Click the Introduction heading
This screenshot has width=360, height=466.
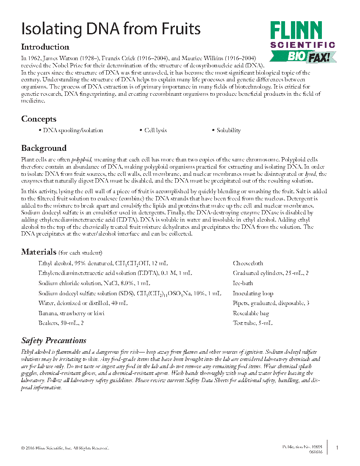tap(45, 47)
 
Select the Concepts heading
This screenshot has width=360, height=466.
tap(39, 119)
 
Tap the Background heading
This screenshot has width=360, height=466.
tap(44, 148)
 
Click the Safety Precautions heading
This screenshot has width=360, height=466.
tap(54, 341)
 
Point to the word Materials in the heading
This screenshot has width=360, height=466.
tap(39, 252)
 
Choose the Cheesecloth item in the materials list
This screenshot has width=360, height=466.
tap(248, 263)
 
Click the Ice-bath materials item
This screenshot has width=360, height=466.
tap(243, 283)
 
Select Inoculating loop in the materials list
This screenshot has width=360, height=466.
tap(253, 294)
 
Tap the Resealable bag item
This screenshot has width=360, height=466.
tap(251, 313)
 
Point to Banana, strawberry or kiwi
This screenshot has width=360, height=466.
tap(71, 313)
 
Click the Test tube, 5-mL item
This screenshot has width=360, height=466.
tap(252, 324)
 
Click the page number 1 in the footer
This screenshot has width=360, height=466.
tap(337, 448)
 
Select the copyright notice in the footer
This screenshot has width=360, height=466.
tap(65, 448)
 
